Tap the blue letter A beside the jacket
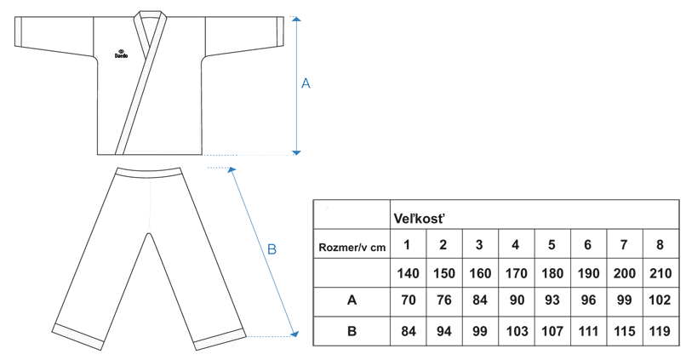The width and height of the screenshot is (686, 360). (306, 83)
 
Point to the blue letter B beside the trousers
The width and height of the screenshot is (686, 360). (272, 249)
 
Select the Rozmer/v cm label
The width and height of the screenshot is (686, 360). (351, 247)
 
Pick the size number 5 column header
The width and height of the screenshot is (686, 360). (552, 246)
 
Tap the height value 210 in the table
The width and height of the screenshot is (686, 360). (660, 274)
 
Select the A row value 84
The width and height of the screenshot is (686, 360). (479, 301)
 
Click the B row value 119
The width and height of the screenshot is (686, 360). (660, 330)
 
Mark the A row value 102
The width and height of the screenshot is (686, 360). (660, 301)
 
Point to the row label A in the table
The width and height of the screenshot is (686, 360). (352, 301)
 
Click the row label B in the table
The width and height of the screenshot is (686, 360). (352, 330)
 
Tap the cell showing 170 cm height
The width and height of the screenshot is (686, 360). (515, 274)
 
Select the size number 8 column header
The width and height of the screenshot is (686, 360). (660, 246)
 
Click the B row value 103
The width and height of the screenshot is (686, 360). (515, 330)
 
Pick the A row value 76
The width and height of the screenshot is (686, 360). (443, 301)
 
